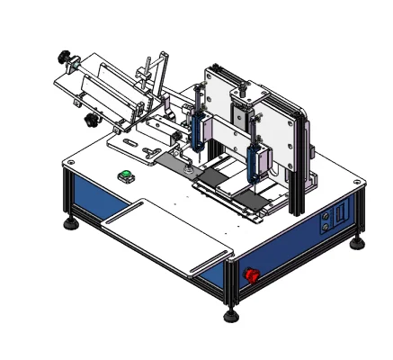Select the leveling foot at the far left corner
(x=68, y=221)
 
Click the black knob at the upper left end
(x=65, y=58)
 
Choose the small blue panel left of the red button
(x=212, y=272)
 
